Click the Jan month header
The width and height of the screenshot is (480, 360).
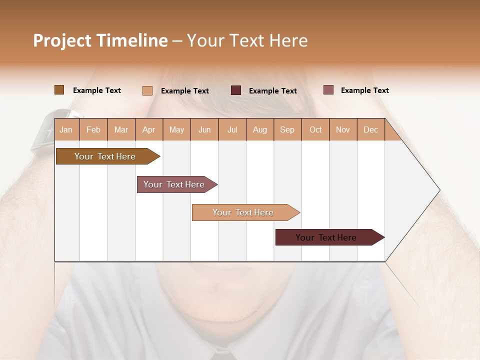point(66,130)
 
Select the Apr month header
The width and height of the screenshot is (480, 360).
point(148,130)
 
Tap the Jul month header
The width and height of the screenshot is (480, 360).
point(232,130)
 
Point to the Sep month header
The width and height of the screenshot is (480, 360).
point(287,130)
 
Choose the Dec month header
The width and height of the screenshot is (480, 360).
point(370,130)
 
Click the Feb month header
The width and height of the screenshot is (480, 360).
point(93,130)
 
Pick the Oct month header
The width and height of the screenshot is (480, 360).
point(315,130)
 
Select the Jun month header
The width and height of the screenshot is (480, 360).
point(204,130)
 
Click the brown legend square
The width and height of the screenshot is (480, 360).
point(59,90)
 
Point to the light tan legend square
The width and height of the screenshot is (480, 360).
point(147,90)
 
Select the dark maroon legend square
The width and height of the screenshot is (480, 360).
point(236,90)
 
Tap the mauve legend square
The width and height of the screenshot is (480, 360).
point(328,90)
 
